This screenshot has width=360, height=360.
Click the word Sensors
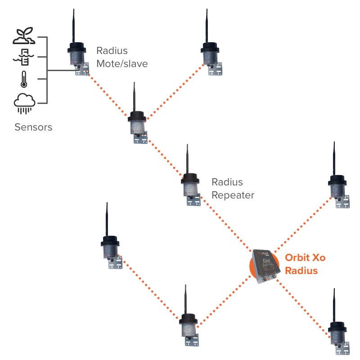33,127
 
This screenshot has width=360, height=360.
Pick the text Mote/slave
122,64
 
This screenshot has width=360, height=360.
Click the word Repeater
233,195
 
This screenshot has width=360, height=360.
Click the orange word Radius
301,271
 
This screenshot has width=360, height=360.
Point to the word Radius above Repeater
227,182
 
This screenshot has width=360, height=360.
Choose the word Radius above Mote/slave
112,51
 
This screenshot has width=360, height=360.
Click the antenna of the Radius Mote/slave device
73,25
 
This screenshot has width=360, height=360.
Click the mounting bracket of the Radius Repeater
194,201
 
